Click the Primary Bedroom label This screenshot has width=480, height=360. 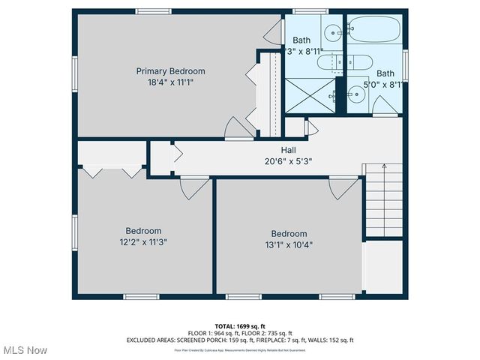coord(170,71)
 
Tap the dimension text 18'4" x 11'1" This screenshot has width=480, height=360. coord(170,82)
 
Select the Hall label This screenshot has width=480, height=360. coord(267,150)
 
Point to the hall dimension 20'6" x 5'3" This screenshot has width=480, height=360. coord(267,160)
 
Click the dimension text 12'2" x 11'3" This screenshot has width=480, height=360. coord(142,241)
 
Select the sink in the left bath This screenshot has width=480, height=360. coord(331,31)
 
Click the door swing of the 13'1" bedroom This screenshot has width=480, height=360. coord(343,186)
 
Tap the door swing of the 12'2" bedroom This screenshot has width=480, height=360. coord(194,186)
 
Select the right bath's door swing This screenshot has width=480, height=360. coord(386,111)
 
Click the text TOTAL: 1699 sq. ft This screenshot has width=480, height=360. coord(240,325)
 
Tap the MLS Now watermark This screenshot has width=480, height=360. coord(26,350)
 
